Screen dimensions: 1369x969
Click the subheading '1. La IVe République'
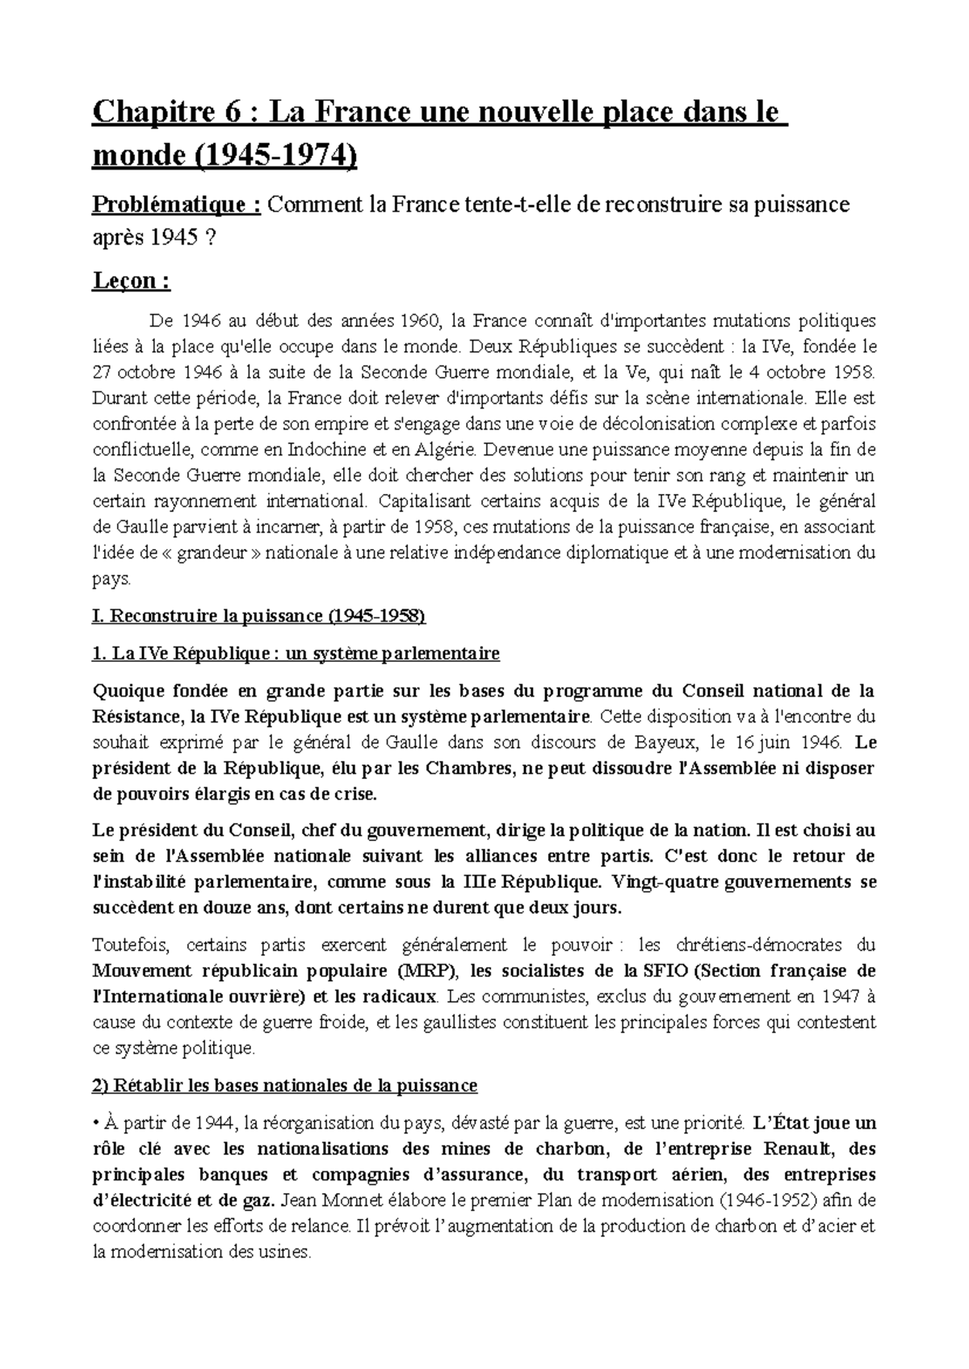pos(296,654)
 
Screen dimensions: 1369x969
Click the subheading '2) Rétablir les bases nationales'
pos(285,1086)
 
